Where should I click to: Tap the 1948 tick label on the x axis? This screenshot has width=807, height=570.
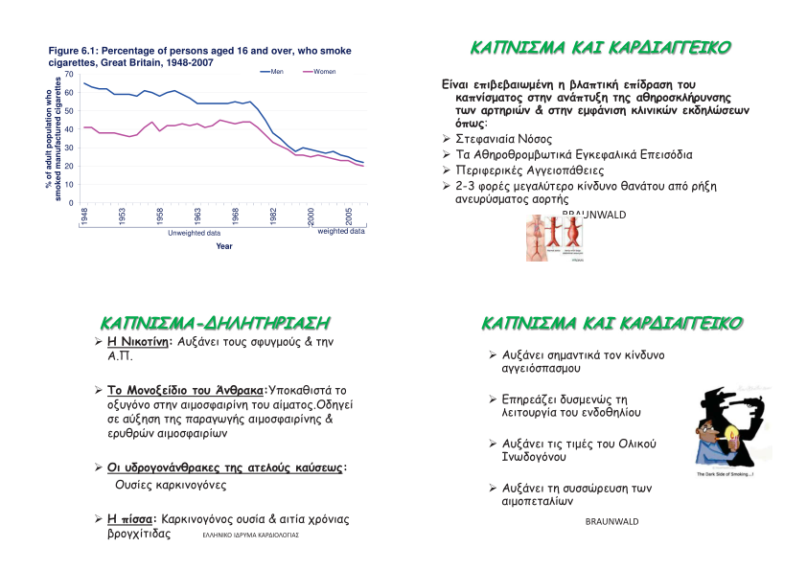click(84, 217)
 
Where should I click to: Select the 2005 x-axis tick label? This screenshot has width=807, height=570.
click(351, 216)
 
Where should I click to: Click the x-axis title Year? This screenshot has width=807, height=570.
click(223, 246)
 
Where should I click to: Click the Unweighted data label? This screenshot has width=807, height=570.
click(194, 233)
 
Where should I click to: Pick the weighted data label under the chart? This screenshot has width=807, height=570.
click(340, 231)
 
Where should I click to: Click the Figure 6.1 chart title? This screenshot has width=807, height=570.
click(199, 57)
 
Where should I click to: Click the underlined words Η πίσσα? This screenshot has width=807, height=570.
click(131, 518)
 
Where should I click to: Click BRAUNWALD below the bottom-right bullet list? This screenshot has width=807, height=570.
click(611, 522)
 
